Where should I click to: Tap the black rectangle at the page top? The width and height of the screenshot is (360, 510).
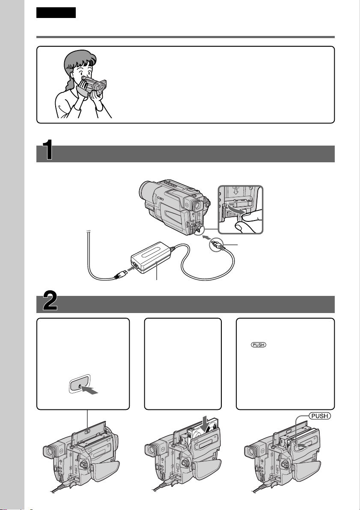click(x=56, y=12)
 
